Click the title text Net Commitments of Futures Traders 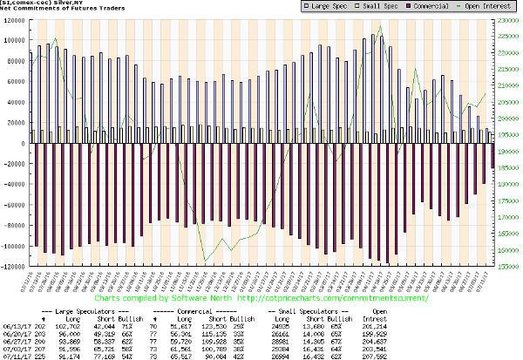pyautogui.click(x=52, y=12)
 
